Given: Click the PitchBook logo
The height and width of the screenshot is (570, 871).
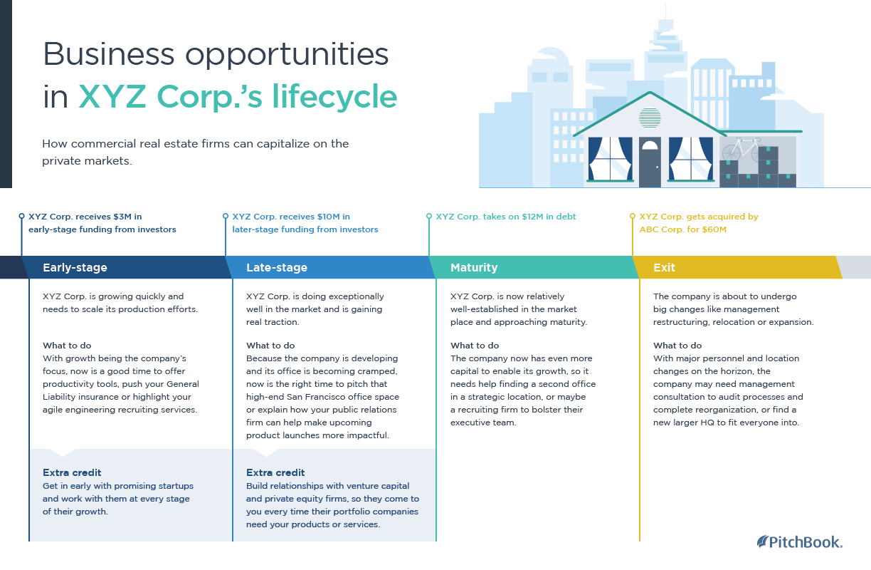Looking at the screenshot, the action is [799, 542].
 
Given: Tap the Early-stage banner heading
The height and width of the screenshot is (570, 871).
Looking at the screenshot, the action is [75, 267].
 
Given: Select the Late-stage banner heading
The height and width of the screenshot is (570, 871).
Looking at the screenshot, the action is [277, 267].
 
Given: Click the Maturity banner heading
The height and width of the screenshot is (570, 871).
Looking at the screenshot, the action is [474, 267].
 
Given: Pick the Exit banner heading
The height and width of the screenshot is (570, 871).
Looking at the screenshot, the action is [664, 267].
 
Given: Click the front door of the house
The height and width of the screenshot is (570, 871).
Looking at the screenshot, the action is [650, 162].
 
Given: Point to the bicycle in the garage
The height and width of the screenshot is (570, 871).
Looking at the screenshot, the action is [741, 149].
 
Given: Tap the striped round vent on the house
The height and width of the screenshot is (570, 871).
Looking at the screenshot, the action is [650, 118].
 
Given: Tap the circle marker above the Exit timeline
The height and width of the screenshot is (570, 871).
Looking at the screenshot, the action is [633, 216].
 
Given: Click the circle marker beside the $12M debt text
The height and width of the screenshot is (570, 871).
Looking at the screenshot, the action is [429, 216].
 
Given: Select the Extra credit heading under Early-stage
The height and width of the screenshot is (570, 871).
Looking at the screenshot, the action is [72, 472].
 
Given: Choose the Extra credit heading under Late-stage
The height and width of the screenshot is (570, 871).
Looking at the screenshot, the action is [275, 472].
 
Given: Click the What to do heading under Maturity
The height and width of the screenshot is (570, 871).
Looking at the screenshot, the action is [475, 346].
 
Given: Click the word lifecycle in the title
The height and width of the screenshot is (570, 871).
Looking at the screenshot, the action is [334, 97].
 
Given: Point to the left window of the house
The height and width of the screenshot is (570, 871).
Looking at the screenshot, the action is [610, 159].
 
